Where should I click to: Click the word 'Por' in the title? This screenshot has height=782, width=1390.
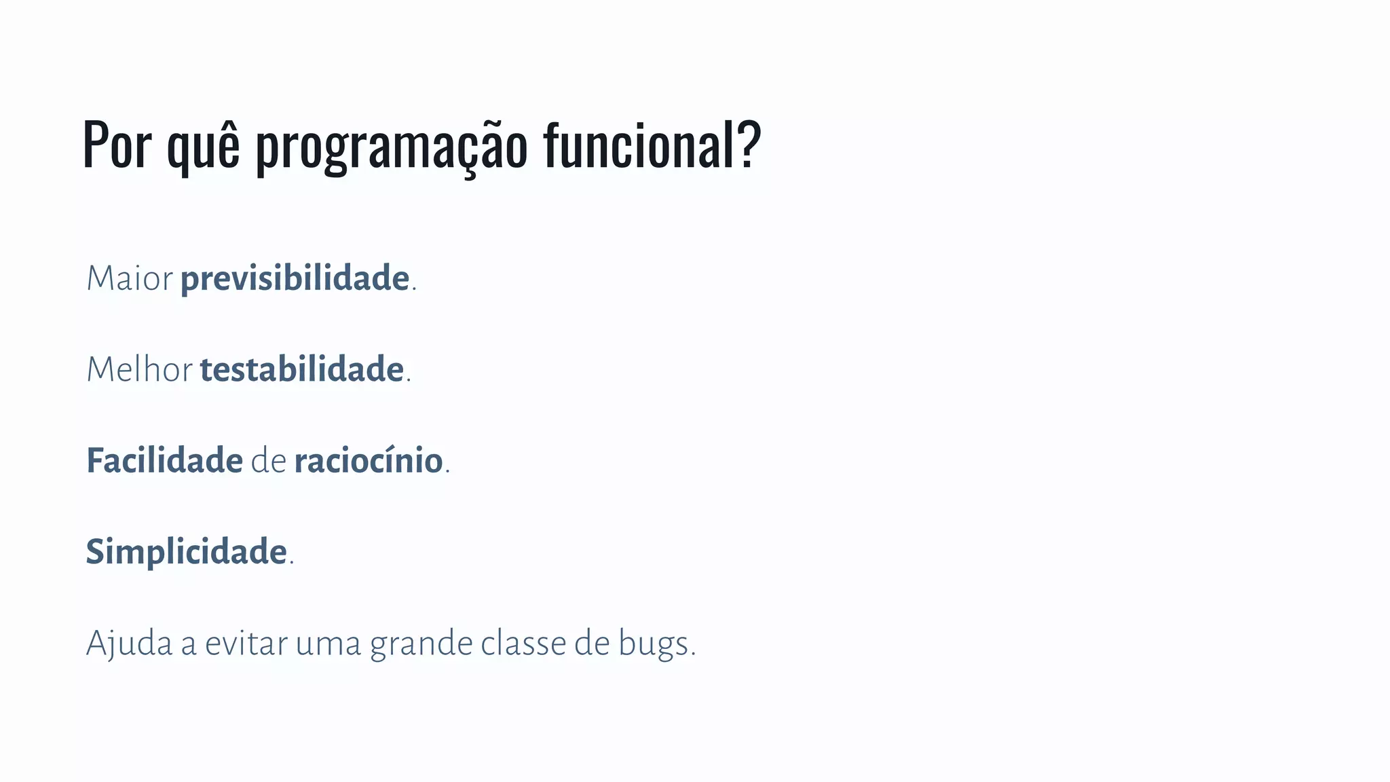click(117, 145)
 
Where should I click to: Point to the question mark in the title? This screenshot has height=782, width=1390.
click(749, 144)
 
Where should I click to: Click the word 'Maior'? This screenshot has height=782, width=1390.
click(130, 279)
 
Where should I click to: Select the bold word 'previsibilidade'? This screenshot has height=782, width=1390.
click(295, 279)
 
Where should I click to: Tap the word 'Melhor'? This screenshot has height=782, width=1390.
click(140, 370)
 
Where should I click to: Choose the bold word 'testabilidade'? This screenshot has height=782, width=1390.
click(302, 370)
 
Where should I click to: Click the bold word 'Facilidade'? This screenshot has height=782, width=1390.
click(164, 461)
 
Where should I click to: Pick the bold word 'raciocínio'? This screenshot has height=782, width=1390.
click(369, 461)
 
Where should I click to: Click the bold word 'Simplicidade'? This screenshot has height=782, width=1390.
click(186, 552)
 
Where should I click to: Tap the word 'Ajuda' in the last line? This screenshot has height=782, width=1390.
click(129, 644)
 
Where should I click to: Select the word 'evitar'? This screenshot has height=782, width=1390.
click(246, 644)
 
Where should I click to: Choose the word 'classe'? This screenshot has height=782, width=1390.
click(524, 644)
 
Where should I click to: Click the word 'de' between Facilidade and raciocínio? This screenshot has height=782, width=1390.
click(269, 461)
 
